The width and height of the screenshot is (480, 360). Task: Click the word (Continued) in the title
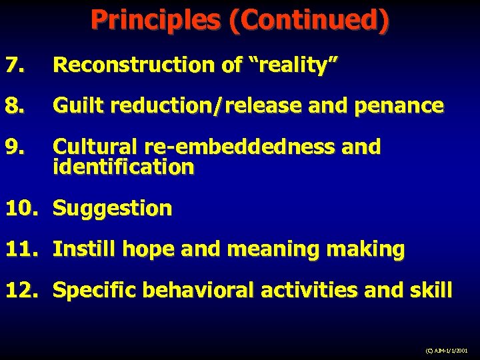309,20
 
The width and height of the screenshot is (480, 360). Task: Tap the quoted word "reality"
294,65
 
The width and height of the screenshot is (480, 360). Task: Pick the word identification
123,167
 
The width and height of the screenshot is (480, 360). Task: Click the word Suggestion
112,209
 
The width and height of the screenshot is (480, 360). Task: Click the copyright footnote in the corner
445,349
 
